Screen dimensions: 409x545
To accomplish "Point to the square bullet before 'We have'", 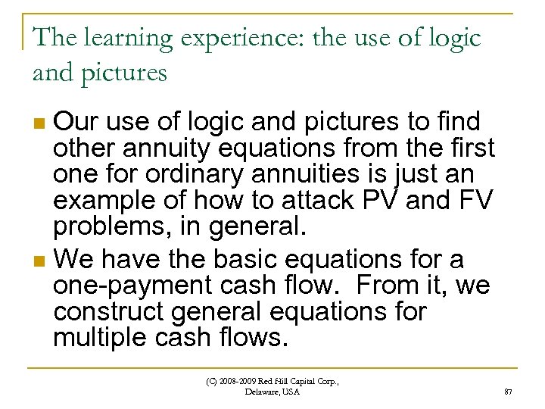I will (x=41, y=261).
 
